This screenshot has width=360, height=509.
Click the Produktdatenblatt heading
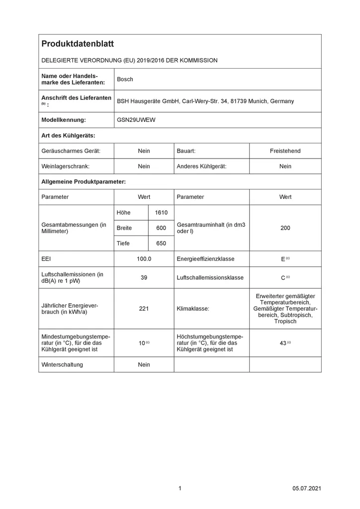[78, 44]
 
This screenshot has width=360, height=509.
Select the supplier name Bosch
[125, 79]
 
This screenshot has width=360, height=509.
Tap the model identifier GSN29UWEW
[136, 120]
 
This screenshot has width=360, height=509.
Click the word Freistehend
[285, 151]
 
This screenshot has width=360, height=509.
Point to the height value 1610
[161, 212]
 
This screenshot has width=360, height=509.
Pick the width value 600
[161, 228]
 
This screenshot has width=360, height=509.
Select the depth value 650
[161, 243]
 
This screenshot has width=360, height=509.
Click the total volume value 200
[285, 228]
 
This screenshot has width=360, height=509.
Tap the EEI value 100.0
[144, 259]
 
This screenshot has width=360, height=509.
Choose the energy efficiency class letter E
[283, 259]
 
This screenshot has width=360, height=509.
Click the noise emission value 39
[144, 277]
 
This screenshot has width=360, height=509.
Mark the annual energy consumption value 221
[144, 309]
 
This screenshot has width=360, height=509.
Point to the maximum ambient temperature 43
[283, 343]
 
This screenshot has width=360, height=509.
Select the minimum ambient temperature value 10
[142, 343]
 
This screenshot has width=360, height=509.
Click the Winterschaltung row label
[62, 364]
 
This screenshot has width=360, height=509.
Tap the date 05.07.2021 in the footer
[307, 489]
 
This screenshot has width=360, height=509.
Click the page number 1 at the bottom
[180, 489]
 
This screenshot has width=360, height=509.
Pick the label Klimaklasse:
[193, 309]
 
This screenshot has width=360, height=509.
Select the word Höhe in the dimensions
[123, 212]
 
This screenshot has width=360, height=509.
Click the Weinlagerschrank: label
[65, 166]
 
